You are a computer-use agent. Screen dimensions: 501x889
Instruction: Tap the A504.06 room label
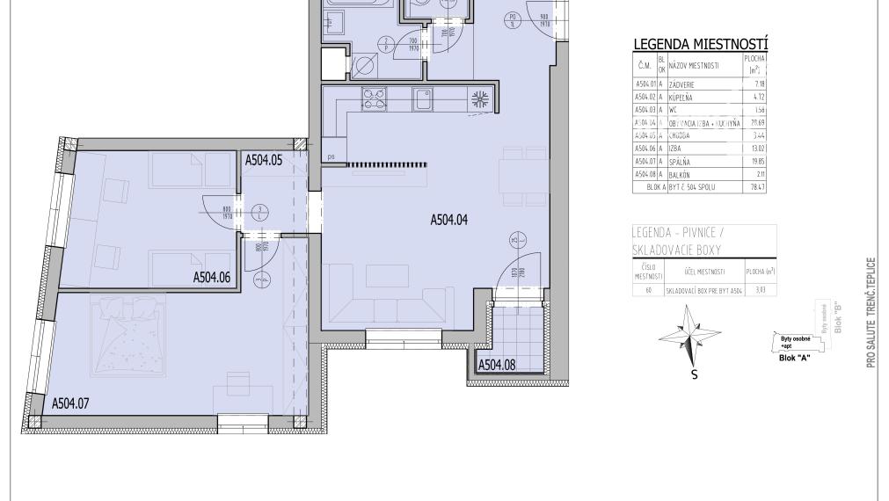point(212,278)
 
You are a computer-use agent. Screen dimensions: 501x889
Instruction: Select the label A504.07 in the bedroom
point(71,404)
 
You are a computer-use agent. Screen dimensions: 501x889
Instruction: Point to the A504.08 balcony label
point(497,365)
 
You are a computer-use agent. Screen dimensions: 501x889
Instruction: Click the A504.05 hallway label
point(263,160)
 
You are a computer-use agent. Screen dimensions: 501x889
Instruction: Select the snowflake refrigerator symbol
point(481,98)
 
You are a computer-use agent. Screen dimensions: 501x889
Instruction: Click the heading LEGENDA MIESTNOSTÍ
point(701,45)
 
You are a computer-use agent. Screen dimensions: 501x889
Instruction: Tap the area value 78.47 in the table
point(754,186)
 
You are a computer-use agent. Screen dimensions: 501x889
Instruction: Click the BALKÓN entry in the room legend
point(683,174)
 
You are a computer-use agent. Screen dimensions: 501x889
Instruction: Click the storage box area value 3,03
point(755,289)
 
